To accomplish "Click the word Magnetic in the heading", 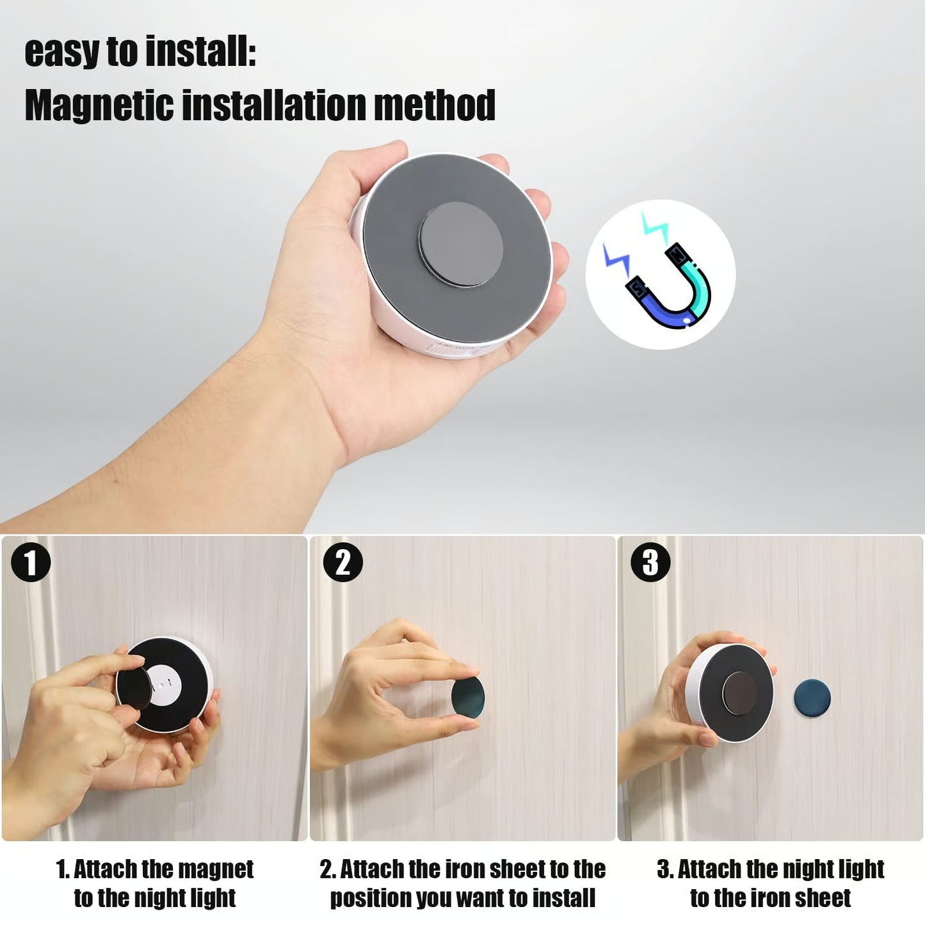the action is (99, 106).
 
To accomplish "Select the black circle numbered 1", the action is (30, 563).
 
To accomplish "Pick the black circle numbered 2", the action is (343, 563).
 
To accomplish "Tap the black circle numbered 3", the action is (650, 563).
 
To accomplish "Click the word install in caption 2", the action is (563, 897).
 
